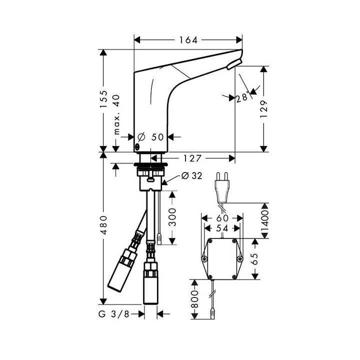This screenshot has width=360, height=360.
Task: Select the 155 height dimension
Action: click(104, 100)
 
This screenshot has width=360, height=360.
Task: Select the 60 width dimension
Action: click(222, 218)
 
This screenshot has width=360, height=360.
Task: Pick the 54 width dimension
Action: click(222, 228)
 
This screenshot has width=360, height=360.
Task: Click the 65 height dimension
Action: click(254, 258)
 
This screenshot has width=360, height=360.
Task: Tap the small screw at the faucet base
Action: click(136, 147)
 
